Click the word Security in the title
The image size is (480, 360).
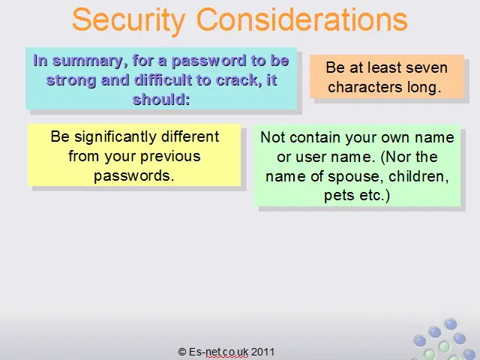click(x=129, y=21)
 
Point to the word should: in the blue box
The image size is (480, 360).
click(x=161, y=100)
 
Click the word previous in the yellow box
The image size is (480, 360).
click(x=170, y=157)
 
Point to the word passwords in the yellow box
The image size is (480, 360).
click(x=133, y=176)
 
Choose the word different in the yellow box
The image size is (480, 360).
click(x=190, y=136)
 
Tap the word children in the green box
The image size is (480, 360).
click(x=418, y=177)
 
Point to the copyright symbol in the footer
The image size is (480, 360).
click(x=182, y=352)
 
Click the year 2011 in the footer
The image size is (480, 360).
click(x=262, y=352)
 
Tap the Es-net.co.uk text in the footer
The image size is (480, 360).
click(x=218, y=352)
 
